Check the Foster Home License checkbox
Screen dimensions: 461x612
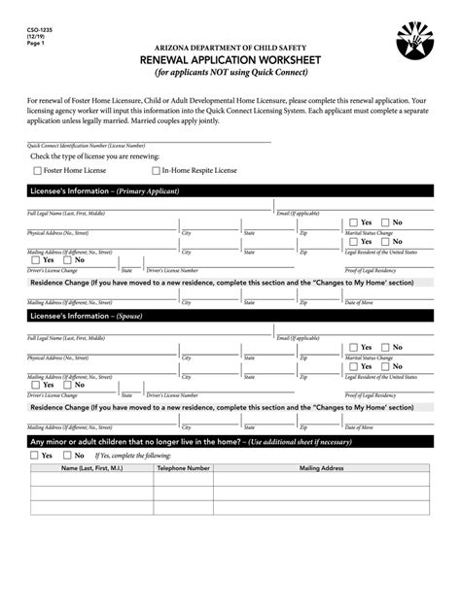tap(37, 170)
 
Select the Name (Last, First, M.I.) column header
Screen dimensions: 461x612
tap(91, 468)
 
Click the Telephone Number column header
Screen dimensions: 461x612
tap(184, 468)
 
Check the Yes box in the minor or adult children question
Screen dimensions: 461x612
tap(35, 455)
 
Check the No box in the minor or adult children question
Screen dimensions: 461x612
tap(67, 455)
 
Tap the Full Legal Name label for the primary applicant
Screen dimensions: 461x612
tap(66, 213)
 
